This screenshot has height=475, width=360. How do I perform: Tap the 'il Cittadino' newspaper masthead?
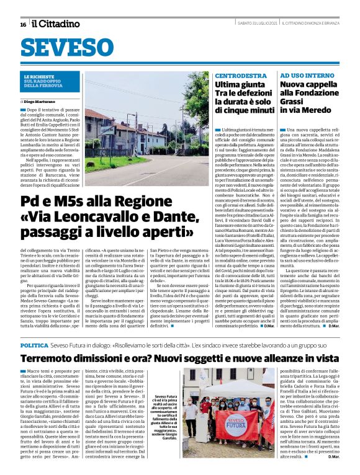[56, 24]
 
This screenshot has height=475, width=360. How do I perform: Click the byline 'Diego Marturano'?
[41, 100]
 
